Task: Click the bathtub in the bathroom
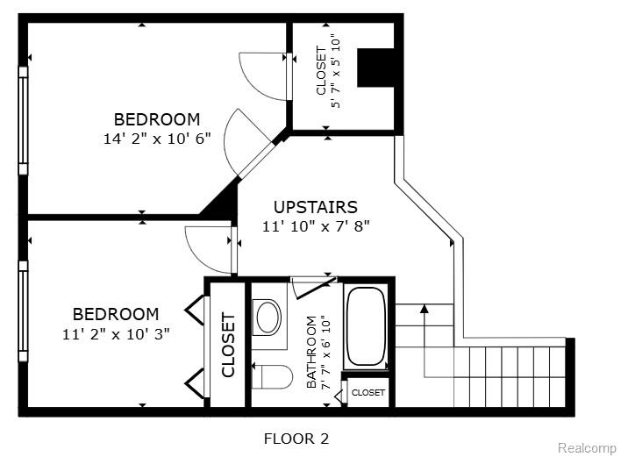click(x=367, y=326)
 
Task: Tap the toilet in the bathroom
click(x=273, y=376)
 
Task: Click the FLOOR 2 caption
click(x=296, y=439)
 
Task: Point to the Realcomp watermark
click(x=587, y=448)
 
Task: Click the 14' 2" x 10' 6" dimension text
click(x=157, y=139)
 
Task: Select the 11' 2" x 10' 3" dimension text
click(x=116, y=334)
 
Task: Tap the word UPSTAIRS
click(x=316, y=207)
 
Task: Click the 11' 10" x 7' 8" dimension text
click(x=316, y=226)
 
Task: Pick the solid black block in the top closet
click(x=375, y=68)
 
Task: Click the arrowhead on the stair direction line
click(x=425, y=309)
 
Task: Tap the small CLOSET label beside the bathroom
click(x=368, y=392)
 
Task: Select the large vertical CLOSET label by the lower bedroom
click(x=229, y=345)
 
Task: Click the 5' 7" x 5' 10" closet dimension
click(x=336, y=73)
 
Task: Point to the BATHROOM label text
click(x=311, y=352)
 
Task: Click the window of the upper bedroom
click(x=23, y=121)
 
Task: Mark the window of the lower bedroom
click(x=23, y=311)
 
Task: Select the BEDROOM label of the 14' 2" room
click(x=157, y=119)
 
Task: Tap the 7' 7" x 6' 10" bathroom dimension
click(x=325, y=352)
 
